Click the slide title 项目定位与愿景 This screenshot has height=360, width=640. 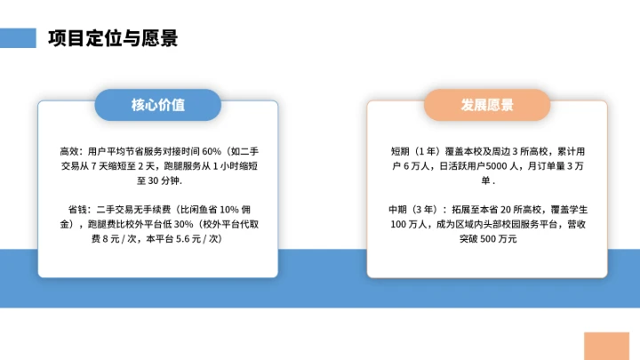click(x=113, y=38)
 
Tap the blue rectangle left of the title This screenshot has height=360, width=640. click(x=18, y=37)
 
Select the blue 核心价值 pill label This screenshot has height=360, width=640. click(x=158, y=105)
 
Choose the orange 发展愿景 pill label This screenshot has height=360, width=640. click(x=487, y=105)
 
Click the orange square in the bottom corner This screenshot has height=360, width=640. click(x=606, y=346)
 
